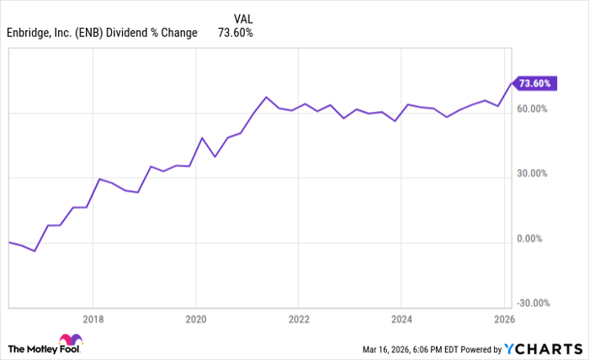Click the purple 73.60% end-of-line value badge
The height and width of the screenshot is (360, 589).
[533, 83]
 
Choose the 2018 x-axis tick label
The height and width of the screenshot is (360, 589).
[93, 319]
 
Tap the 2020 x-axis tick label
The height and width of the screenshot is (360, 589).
[195, 319]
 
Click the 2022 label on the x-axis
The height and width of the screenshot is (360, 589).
[298, 319]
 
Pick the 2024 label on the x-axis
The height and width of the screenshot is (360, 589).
[401, 319]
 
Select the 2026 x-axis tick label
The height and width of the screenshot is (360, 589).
[503, 319]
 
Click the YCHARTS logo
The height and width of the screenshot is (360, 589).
[543, 348]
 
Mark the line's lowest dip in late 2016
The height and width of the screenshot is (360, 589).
[34, 251]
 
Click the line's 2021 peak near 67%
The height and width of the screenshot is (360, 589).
[266, 97]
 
